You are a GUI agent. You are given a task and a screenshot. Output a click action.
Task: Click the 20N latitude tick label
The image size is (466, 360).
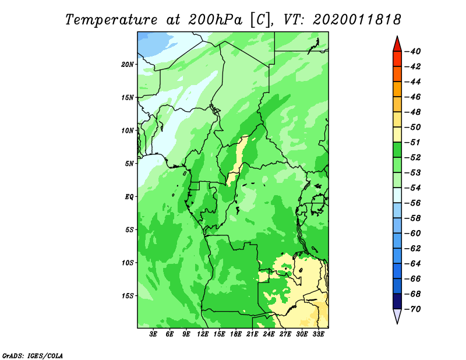[x=128, y=65]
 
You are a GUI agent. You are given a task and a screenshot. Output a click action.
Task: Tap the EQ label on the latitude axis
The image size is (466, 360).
[x=129, y=197]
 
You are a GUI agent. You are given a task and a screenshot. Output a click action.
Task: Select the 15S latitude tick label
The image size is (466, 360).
[x=128, y=296]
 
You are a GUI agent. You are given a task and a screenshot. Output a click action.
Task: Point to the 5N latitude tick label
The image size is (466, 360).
[x=129, y=164]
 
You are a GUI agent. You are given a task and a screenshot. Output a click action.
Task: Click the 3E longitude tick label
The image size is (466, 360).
[x=153, y=334]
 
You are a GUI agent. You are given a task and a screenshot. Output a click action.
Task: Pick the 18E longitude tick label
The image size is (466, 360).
[x=236, y=334]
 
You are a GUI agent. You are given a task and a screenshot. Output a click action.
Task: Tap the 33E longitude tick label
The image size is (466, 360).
[x=318, y=334]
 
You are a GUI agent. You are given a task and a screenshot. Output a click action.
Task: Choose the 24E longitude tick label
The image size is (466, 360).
[x=269, y=334]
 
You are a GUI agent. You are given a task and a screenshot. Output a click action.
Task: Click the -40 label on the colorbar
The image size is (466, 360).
[x=413, y=51]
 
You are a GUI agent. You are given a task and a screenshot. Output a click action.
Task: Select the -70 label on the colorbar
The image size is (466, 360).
[x=413, y=309]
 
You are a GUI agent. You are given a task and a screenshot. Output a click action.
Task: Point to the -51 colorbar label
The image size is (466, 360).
[x=413, y=142]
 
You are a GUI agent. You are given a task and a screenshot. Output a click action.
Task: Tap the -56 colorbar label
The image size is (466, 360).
[x=413, y=203]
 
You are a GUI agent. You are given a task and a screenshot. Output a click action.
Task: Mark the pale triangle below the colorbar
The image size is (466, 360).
[x=397, y=315]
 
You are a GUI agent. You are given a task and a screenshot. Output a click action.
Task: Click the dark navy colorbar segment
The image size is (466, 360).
[x=397, y=301]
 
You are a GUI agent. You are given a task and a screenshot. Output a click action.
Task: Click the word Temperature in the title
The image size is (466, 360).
[x=111, y=20]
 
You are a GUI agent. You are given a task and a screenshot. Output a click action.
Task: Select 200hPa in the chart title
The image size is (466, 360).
[x=216, y=20]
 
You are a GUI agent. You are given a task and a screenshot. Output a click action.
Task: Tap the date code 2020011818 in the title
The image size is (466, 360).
[x=357, y=20]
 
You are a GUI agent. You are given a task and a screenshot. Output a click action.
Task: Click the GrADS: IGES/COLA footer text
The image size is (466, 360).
[x=33, y=356]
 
